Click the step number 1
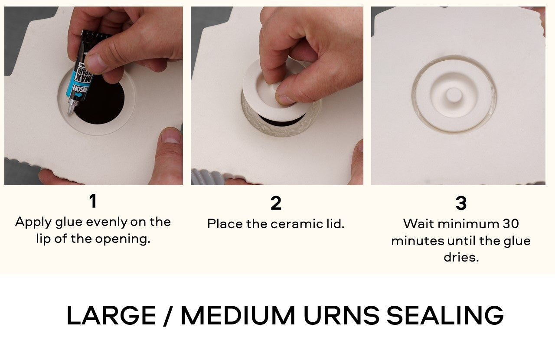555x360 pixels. click(x=92, y=202)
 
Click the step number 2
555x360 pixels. click(x=276, y=203)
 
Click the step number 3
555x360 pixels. click(x=461, y=203)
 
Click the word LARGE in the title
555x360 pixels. click(x=111, y=315)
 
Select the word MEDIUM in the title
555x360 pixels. click(x=238, y=315)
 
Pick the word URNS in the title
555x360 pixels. click(x=341, y=315)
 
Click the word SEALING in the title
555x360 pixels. click(x=445, y=315)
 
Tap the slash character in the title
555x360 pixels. click(x=168, y=315)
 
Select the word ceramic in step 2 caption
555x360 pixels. click(x=296, y=224)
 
